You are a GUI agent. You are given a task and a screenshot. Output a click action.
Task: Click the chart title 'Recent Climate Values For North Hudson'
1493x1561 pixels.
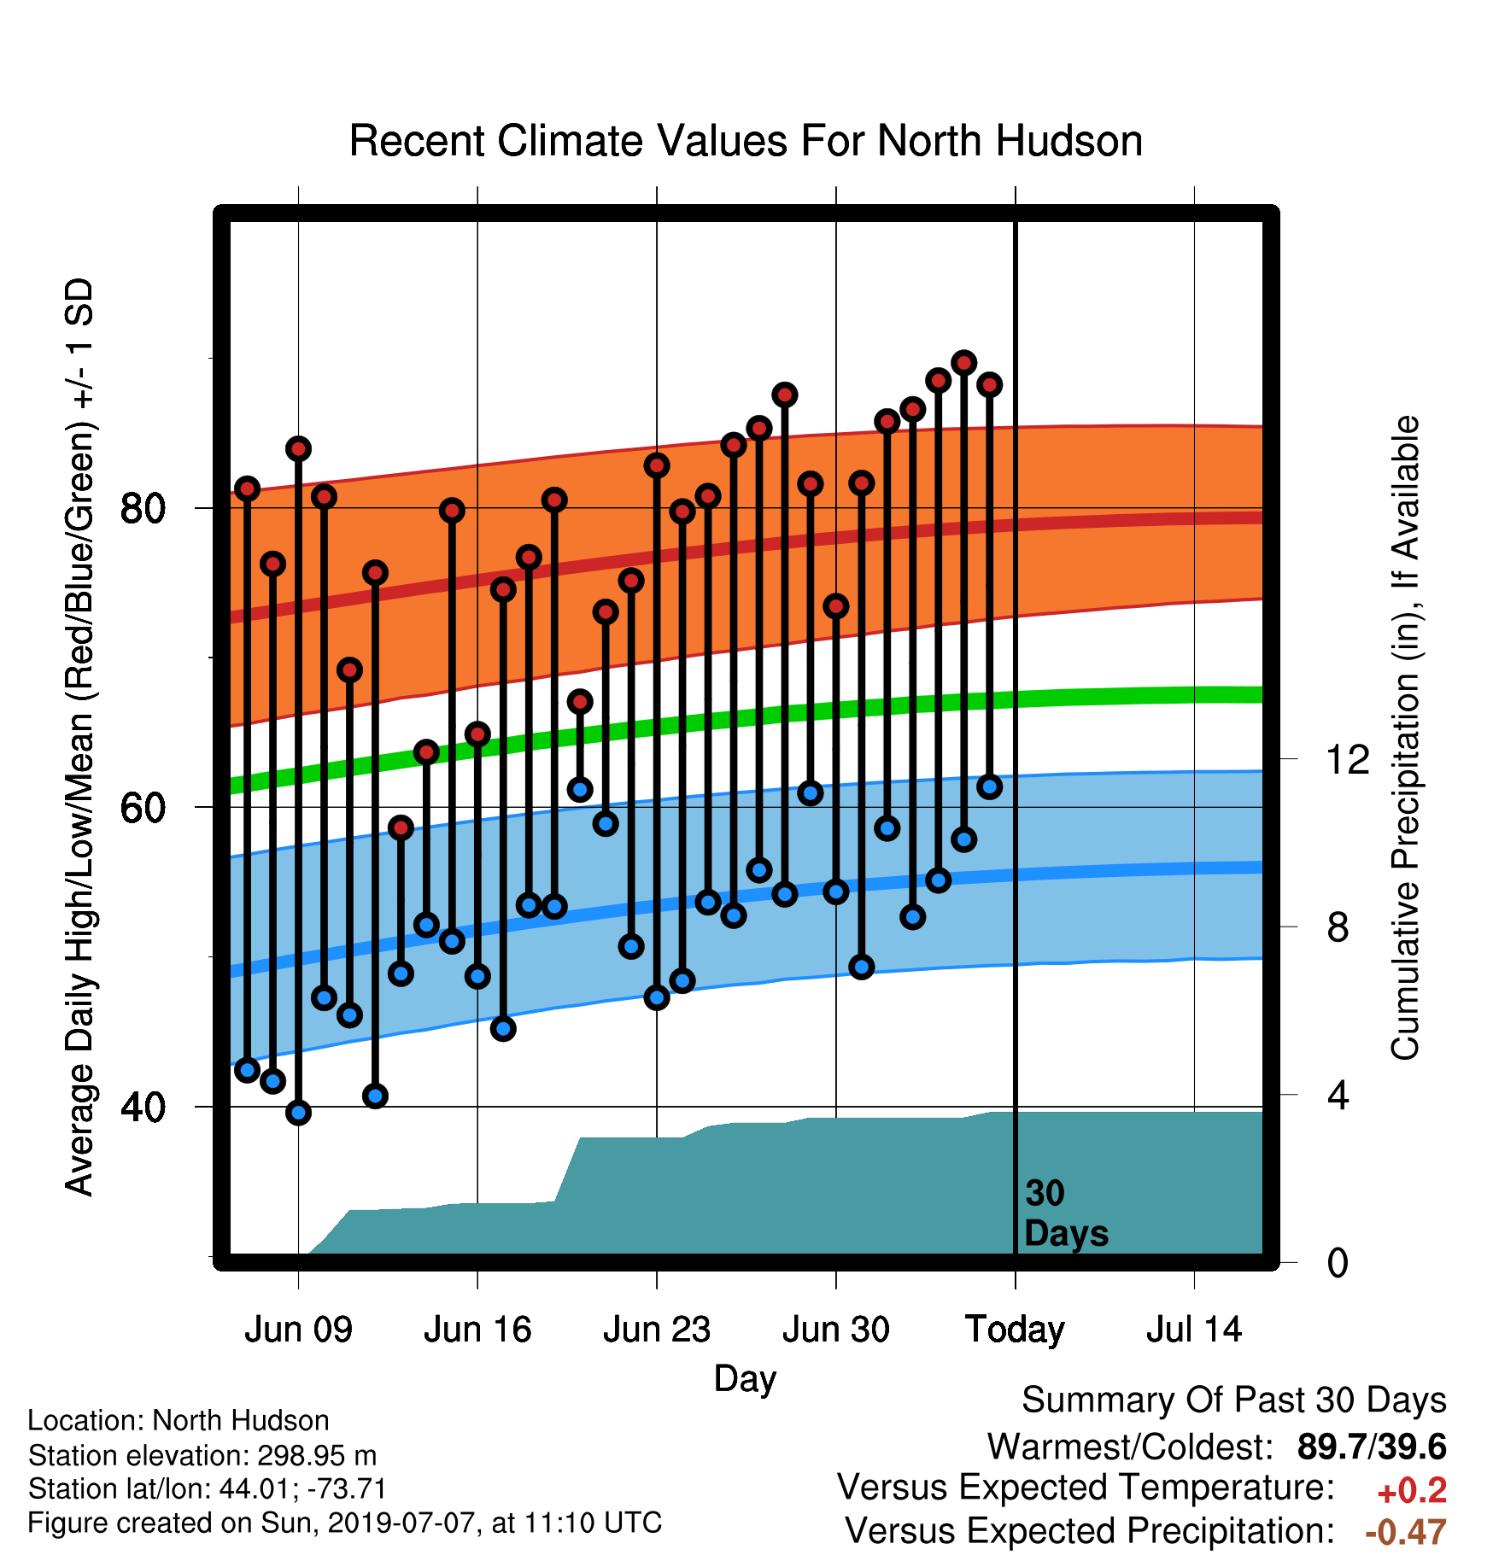click(746, 141)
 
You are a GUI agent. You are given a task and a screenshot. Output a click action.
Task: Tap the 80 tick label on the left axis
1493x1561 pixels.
click(142, 508)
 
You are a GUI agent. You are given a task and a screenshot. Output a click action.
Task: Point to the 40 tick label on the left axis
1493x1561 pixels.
click(142, 1107)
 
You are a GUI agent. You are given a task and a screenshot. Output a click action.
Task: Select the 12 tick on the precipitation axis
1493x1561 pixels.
click(1347, 759)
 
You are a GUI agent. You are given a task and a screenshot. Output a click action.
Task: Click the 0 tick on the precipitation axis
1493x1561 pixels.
click(1338, 1262)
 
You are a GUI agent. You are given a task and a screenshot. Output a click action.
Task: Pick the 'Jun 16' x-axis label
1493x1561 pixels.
click(477, 1330)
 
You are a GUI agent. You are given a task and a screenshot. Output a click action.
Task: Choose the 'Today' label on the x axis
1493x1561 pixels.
click(1015, 1330)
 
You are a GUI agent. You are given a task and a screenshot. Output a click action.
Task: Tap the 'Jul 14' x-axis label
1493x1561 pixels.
click(1193, 1330)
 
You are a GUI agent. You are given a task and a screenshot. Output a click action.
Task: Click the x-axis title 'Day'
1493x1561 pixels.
click(745, 1379)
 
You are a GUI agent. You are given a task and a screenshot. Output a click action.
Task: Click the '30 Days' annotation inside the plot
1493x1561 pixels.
click(1066, 1213)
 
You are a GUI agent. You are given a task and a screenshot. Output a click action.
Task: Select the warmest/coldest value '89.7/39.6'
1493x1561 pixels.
click(1372, 1447)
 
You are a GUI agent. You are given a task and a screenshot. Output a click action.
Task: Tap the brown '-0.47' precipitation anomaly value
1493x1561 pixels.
click(1406, 1532)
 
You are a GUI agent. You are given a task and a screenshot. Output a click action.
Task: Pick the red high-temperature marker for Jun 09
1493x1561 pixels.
click(298, 449)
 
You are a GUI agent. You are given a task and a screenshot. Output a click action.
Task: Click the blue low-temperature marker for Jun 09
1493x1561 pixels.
click(298, 1112)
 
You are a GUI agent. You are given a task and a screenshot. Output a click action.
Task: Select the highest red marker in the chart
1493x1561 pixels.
click(964, 363)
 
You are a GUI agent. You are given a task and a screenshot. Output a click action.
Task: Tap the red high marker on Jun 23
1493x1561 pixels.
click(657, 465)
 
